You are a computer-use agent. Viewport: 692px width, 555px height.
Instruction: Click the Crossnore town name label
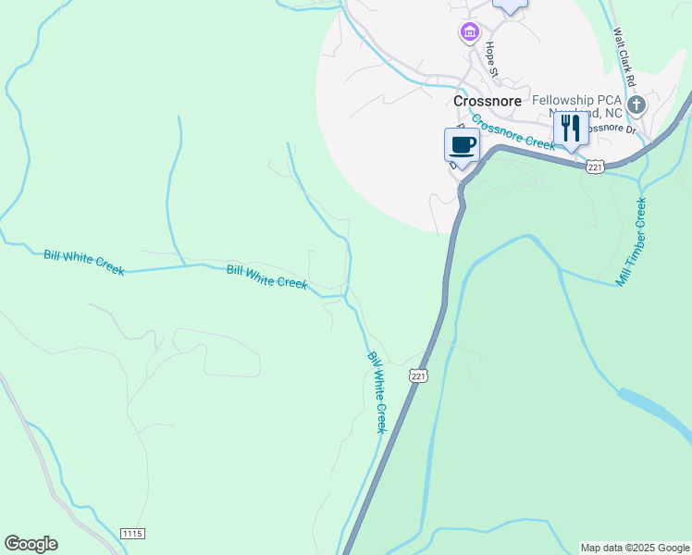tap(488, 100)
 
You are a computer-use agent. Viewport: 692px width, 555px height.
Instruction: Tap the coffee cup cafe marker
tap(462, 144)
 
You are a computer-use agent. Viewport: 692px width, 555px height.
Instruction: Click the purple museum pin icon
tap(469, 33)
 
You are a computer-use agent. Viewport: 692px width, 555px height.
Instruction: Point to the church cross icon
tap(636, 105)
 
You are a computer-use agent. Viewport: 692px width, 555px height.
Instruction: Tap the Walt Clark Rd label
tap(625, 57)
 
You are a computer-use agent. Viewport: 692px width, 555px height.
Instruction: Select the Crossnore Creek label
tap(513, 131)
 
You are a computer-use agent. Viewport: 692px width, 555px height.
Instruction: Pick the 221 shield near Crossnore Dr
tap(596, 166)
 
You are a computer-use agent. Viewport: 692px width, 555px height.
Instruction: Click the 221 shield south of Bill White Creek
tap(418, 376)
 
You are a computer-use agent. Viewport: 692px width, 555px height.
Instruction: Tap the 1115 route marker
tap(132, 534)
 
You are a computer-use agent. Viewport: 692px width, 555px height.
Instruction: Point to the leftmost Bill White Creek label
tap(83, 262)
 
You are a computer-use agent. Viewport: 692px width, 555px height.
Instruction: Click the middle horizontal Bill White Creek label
tap(266, 277)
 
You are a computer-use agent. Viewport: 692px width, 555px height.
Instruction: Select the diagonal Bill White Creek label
tap(377, 392)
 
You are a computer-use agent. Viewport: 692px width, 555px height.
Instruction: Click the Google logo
tap(31, 544)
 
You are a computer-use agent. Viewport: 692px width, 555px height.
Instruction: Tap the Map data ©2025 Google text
tap(636, 548)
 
